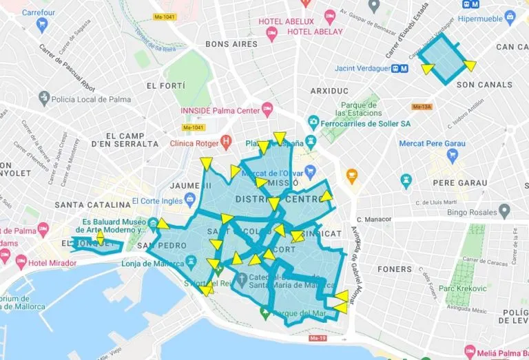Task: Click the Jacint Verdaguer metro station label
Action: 362,68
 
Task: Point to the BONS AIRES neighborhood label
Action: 231,44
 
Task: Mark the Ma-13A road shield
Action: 421,107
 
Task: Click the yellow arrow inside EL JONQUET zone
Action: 101,238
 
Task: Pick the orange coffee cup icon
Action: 352,176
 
